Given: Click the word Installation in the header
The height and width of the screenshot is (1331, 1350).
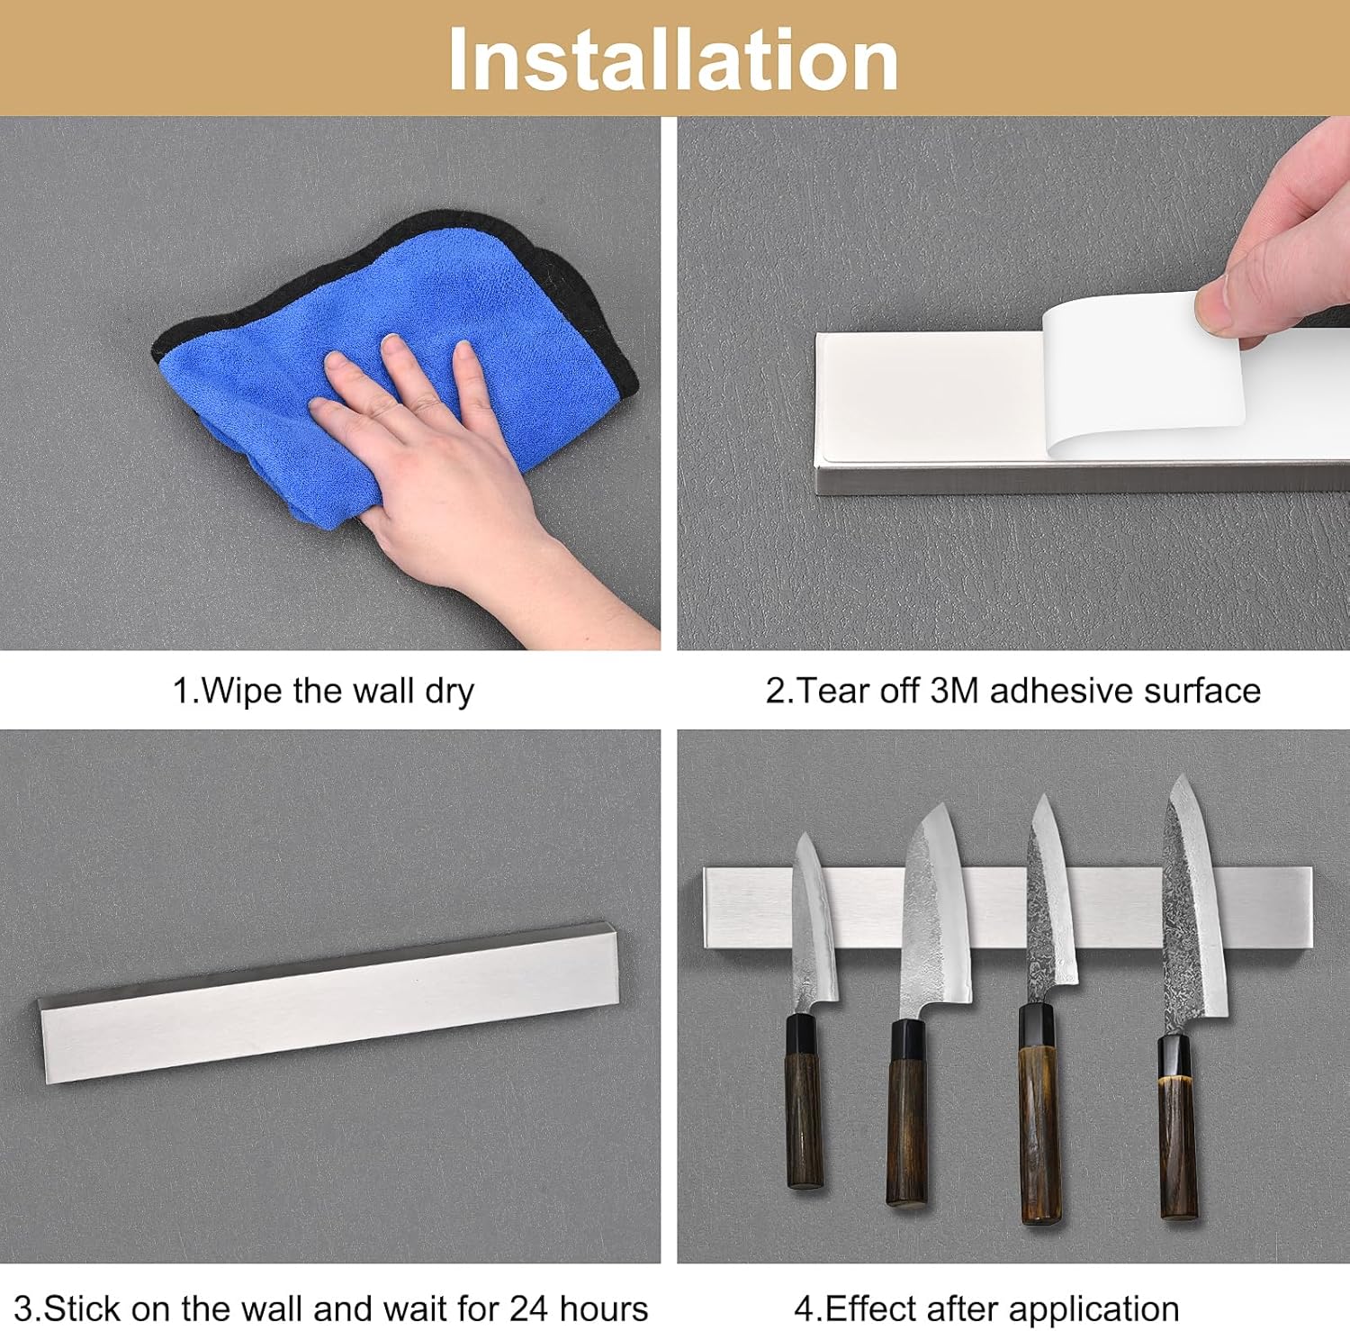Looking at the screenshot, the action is [x=673, y=59].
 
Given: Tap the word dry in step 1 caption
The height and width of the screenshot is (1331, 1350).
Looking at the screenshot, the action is [x=448, y=692].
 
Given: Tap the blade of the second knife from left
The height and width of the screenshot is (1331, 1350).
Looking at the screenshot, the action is [x=936, y=910].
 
